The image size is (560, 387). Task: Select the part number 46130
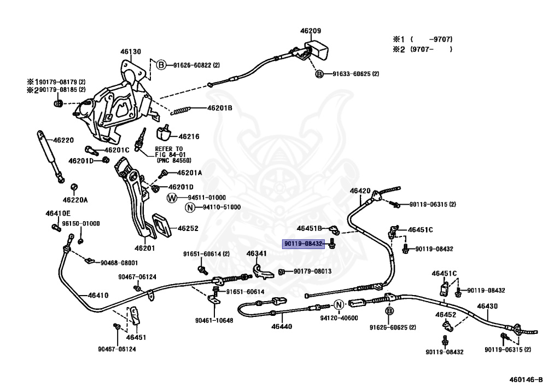click(x=131, y=52)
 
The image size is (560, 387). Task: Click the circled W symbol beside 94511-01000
click(x=171, y=197)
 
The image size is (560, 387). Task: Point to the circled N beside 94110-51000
click(x=190, y=207)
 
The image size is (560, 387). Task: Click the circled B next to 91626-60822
click(x=161, y=65)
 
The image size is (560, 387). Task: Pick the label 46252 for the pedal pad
click(x=188, y=228)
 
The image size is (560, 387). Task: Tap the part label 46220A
click(x=75, y=200)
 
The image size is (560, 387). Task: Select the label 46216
click(x=189, y=136)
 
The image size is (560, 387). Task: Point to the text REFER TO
click(x=169, y=149)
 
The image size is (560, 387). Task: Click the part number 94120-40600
click(x=340, y=318)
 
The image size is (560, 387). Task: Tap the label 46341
click(x=256, y=253)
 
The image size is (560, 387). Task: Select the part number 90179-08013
click(x=313, y=271)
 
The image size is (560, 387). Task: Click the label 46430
click(x=487, y=307)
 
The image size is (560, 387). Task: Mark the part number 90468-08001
click(x=119, y=263)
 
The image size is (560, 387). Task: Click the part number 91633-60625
click(x=355, y=74)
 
